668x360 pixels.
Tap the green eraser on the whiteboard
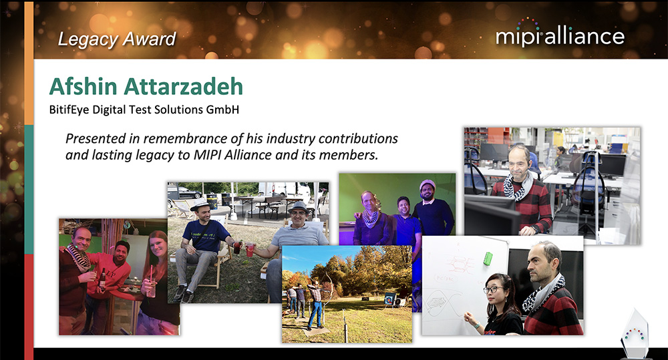tap(488, 258)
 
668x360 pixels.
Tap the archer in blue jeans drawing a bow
tap(317, 301)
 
